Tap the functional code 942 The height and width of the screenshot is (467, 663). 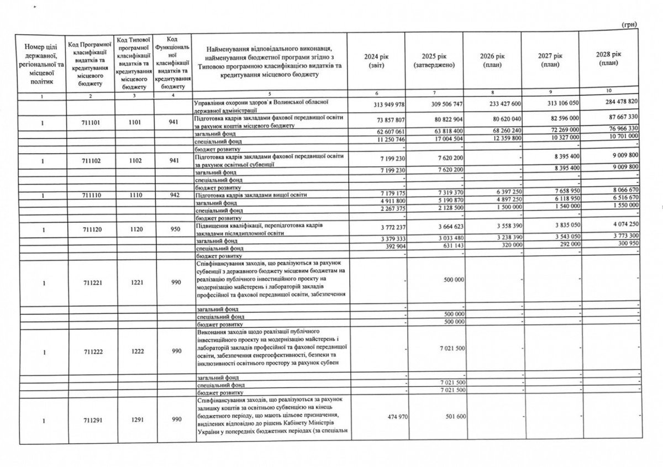(x=174, y=195)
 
